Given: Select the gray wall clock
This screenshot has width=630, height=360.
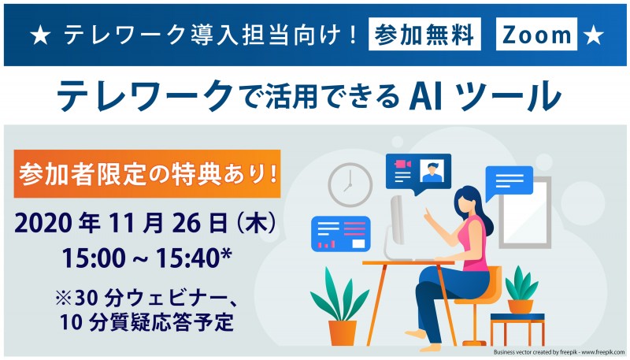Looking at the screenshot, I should pyautogui.click(x=350, y=185).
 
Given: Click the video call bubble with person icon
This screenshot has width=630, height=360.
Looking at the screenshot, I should pyautogui.click(x=417, y=171).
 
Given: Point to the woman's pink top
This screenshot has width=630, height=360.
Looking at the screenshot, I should pyautogui.click(x=475, y=239).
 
